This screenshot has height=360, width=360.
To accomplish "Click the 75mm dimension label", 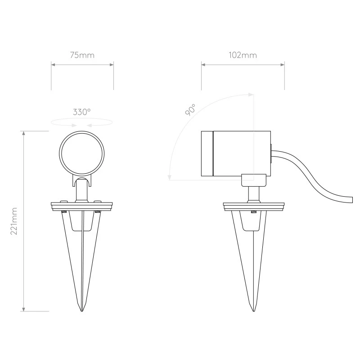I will (x=82, y=55).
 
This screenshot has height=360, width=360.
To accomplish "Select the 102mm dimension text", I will (x=243, y=55).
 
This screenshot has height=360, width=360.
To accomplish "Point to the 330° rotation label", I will (x=82, y=112).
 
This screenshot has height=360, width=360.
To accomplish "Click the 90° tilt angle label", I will (x=190, y=110).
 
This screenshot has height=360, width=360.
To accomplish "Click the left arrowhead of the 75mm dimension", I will (x=53, y=65).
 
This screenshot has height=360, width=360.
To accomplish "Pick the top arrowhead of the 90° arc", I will (x=250, y=94).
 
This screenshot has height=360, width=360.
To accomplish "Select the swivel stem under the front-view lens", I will (x=82, y=191).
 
